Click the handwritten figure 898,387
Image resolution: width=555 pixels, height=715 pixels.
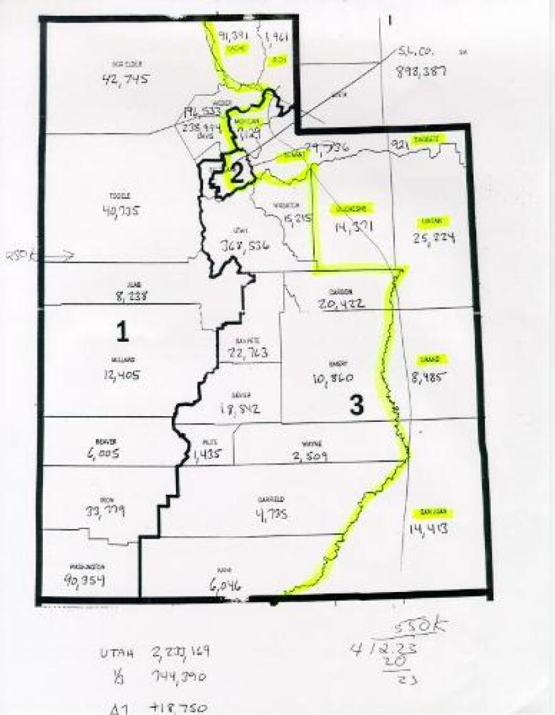(421, 71)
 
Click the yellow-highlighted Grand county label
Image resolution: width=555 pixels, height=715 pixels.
(433, 361)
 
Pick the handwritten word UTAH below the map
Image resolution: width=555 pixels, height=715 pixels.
(118, 653)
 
